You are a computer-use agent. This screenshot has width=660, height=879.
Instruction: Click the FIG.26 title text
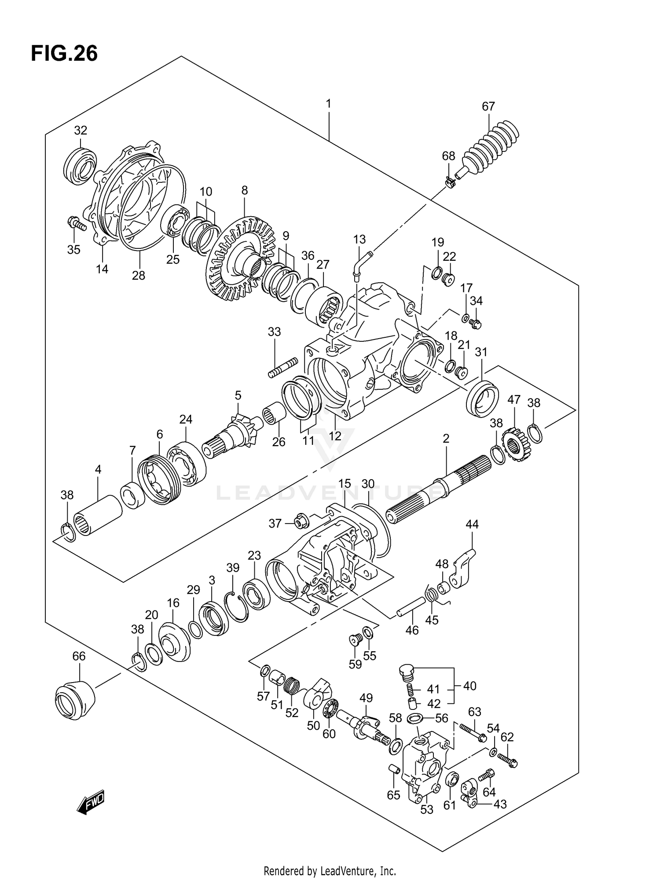[x=64, y=54]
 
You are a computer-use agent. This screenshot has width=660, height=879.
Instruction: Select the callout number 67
[x=488, y=107]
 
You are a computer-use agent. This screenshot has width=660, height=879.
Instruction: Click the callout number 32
[x=81, y=130]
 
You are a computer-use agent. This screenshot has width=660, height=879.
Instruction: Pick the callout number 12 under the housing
[x=335, y=436]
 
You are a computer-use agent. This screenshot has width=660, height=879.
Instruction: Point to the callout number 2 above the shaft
[x=446, y=438]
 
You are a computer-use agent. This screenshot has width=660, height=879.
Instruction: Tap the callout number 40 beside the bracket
[x=469, y=686]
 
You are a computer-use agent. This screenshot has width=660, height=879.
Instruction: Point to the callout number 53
[x=427, y=809]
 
